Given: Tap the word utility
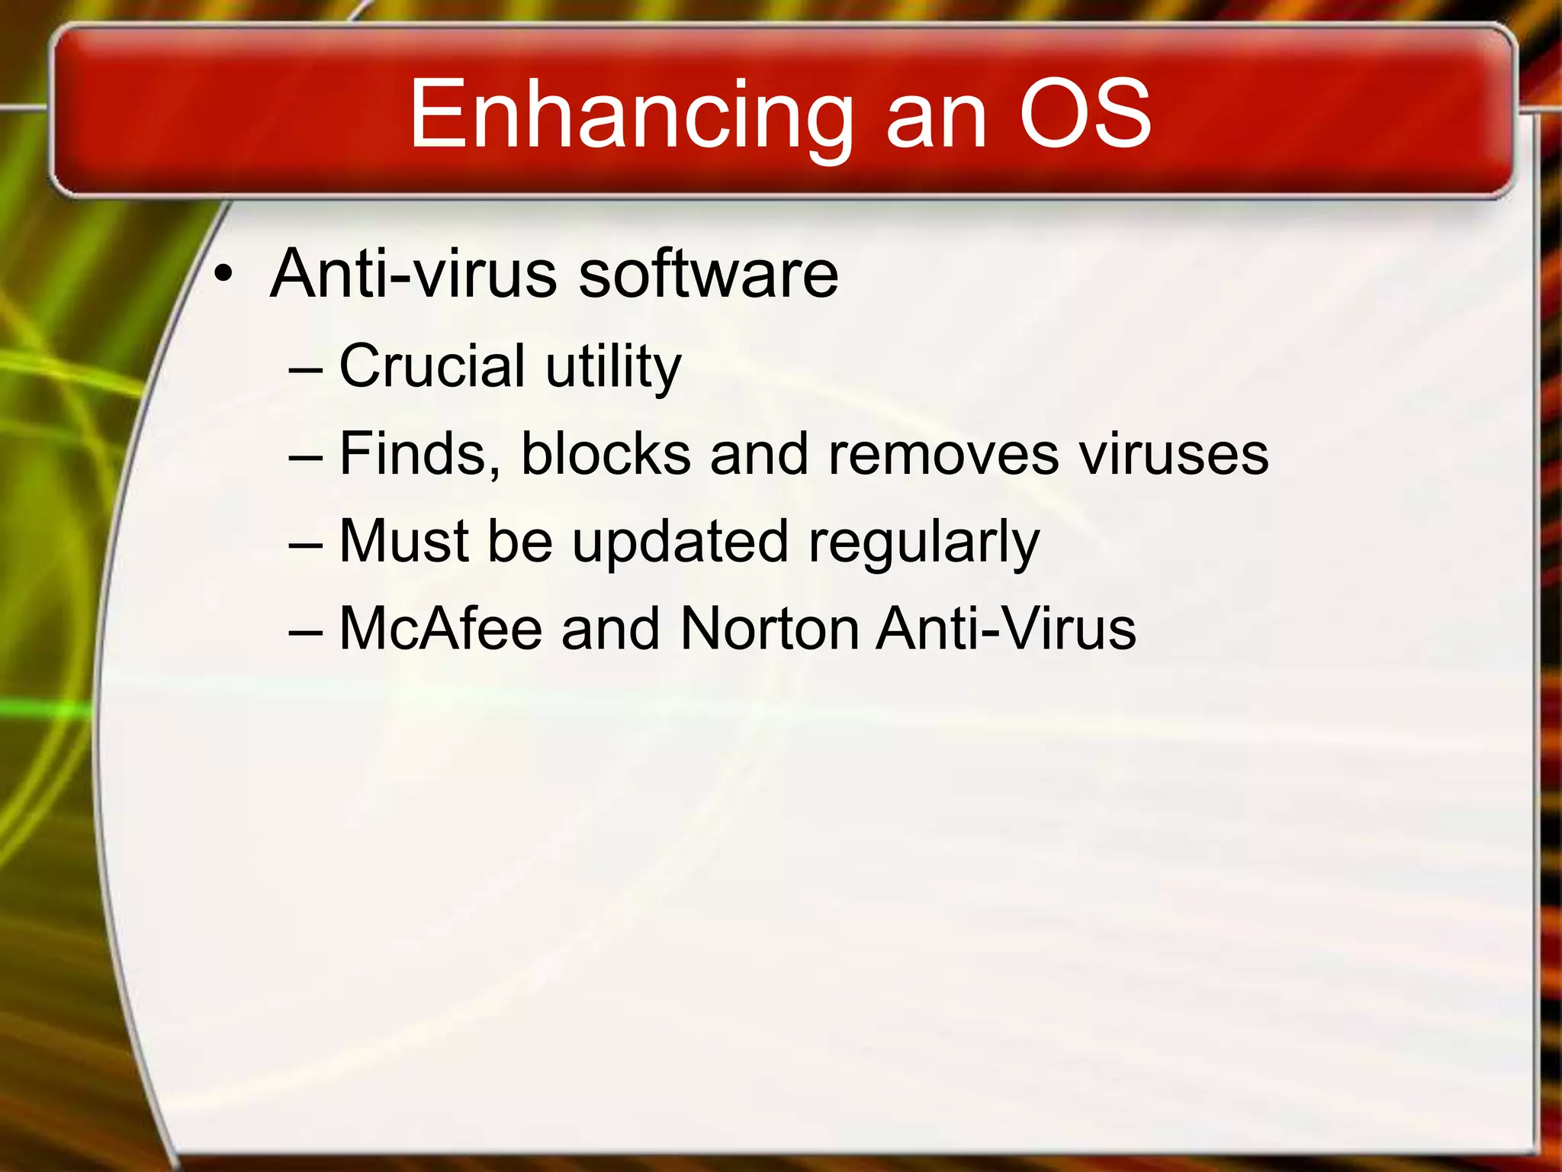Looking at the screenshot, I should click(x=613, y=368).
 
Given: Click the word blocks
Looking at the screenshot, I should click(x=606, y=455).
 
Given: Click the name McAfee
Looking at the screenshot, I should click(x=441, y=629).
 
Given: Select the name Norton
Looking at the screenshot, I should click(x=770, y=629).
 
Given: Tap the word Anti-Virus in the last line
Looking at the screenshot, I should click(x=1006, y=629).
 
